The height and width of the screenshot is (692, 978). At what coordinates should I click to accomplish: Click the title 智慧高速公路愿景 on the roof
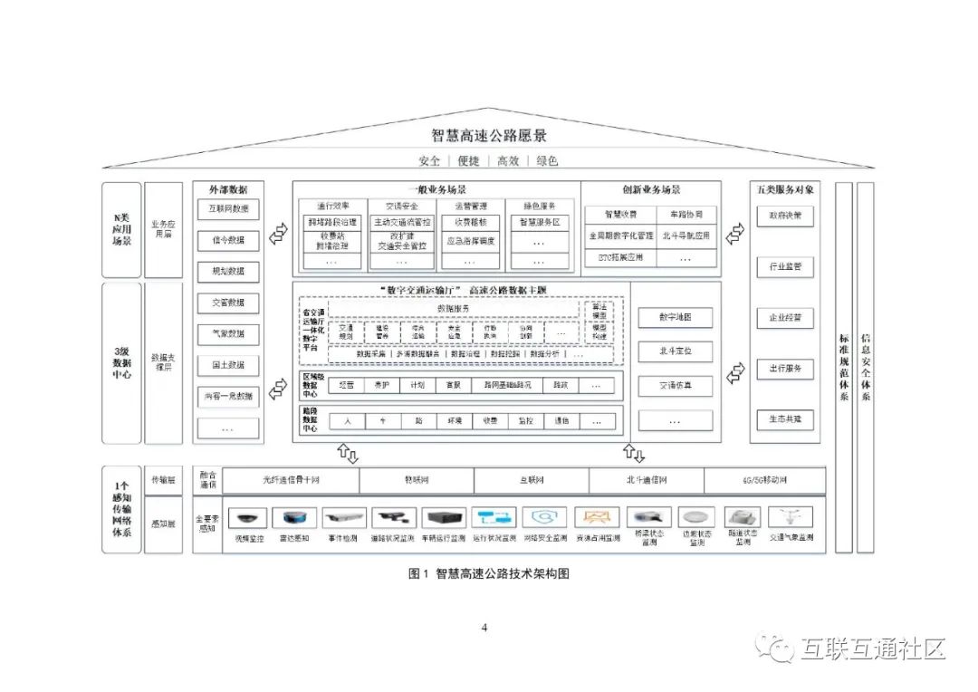point(489,137)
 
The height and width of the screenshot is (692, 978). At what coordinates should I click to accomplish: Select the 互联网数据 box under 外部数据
point(228,209)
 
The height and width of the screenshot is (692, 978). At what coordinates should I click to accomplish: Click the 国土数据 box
point(228,365)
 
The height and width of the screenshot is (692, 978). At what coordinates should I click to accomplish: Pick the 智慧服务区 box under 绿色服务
point(540,222)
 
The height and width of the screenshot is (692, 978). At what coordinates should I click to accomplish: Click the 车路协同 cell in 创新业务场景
point(686,215)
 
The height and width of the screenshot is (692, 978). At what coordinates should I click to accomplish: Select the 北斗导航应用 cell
point(686,235)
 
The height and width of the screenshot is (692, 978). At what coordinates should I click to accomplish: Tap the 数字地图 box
point(675,317)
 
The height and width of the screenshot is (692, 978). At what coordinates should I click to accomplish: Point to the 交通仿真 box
point(675,386)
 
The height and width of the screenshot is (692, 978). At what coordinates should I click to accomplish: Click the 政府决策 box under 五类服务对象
point(785,216)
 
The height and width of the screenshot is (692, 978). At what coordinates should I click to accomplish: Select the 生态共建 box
point(785,419)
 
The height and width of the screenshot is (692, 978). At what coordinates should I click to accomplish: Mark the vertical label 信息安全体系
point(866,367)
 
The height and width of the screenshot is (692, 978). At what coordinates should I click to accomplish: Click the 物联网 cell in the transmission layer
point(417,480)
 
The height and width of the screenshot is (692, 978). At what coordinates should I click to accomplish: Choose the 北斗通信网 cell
point(646,480)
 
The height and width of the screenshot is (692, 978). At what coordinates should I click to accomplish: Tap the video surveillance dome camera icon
point(247,518)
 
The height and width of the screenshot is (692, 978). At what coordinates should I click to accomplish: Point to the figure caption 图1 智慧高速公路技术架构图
point(489,573)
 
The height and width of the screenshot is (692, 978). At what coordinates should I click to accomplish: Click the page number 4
point(484,628)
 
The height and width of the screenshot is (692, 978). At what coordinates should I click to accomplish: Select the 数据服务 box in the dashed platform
point(453,308)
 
